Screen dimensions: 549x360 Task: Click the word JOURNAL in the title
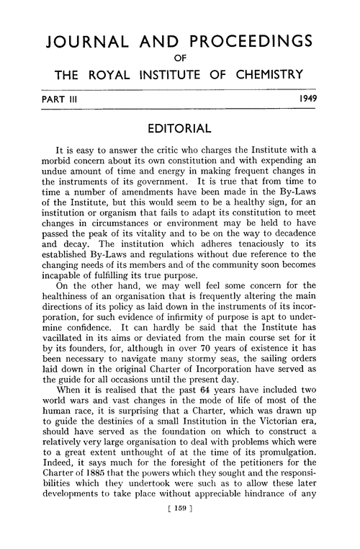click(x=85, y=42)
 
